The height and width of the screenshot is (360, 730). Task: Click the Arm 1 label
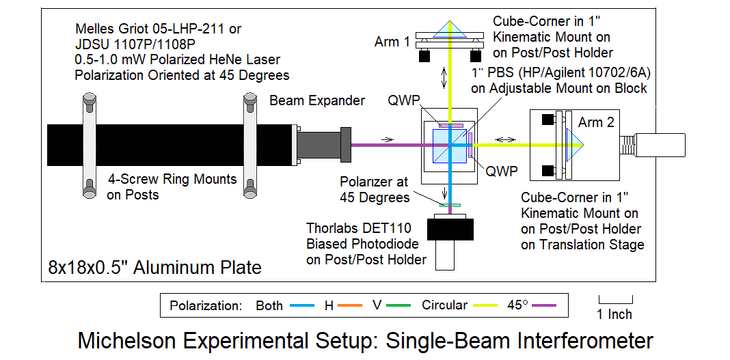392,42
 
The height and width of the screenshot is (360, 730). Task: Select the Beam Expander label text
317,101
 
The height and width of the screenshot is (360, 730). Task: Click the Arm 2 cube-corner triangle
573,144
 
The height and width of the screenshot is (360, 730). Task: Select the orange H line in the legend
349,305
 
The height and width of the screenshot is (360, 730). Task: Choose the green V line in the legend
398,305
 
